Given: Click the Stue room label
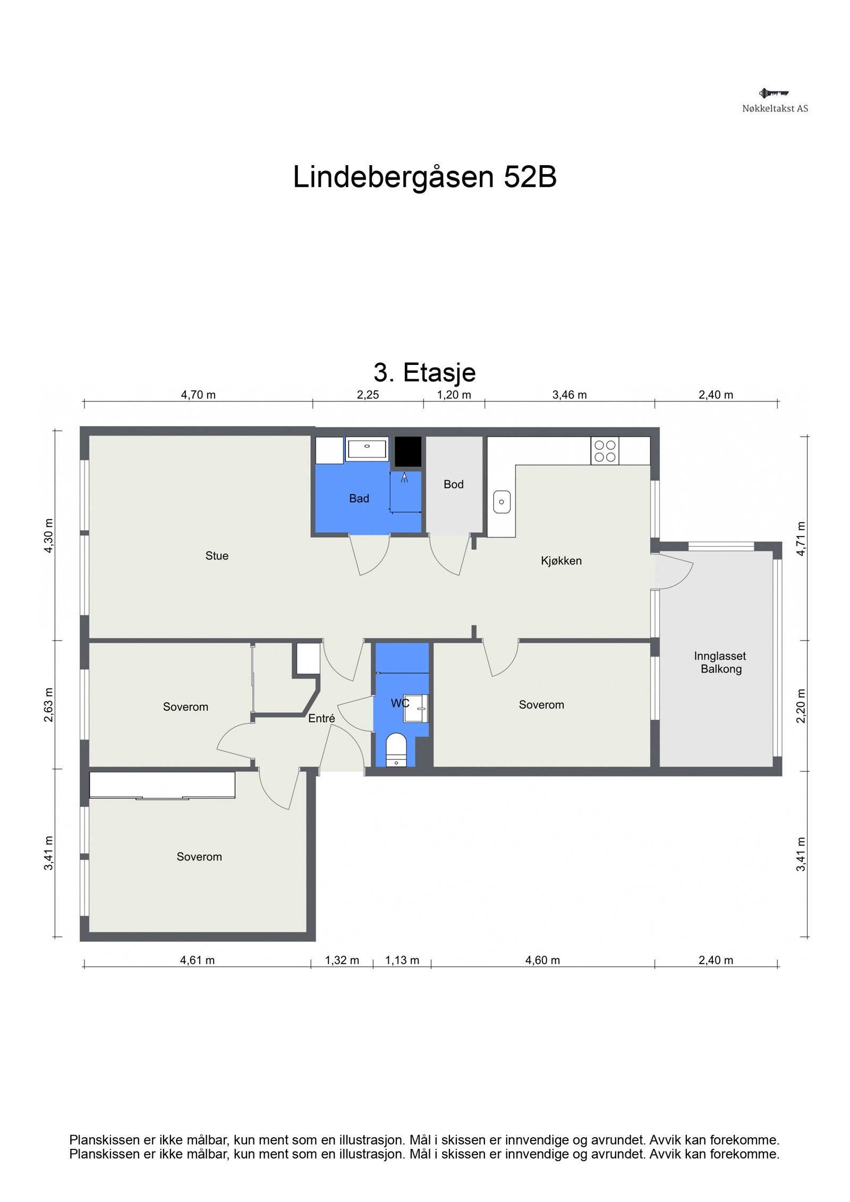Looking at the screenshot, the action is coord(217,556).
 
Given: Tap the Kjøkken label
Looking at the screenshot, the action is coord(561,560).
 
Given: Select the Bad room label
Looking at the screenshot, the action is coord(359,498).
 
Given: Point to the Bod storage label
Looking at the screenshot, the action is coord(453,484).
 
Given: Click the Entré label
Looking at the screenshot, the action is coord(321,718).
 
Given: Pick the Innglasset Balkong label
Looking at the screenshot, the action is coord(720,662).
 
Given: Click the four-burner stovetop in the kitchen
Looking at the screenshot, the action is coord(605,451).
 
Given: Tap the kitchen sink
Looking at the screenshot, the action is coord(501,502).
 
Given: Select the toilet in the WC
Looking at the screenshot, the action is coord(396,750).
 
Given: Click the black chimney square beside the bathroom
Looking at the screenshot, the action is coord(408,452).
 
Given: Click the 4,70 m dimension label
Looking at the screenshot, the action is coord(198,395).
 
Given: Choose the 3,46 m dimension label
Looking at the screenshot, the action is coord(569,395).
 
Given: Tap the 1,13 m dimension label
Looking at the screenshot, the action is coord(402,960).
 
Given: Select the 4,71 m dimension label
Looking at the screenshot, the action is coord(801,539).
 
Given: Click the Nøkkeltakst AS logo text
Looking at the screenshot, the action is coord(775,108).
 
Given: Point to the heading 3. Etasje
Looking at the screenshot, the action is coord(424,372).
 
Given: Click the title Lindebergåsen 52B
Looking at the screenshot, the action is coord(424,177).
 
